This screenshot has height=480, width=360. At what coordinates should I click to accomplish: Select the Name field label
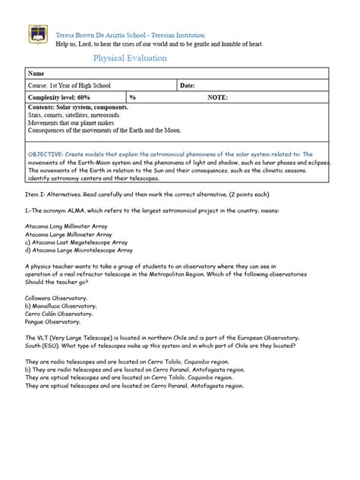pos(36,73)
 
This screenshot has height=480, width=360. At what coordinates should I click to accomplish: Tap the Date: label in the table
pos(188,86)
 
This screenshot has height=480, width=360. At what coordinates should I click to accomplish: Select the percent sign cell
pos(132,98)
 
